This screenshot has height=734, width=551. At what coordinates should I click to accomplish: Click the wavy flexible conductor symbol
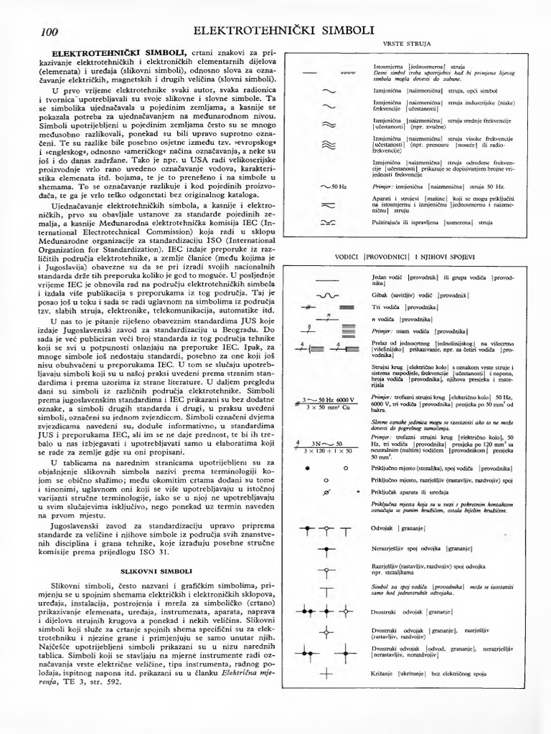[327, 295]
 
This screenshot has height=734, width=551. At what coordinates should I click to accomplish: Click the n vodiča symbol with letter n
[327, 318]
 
